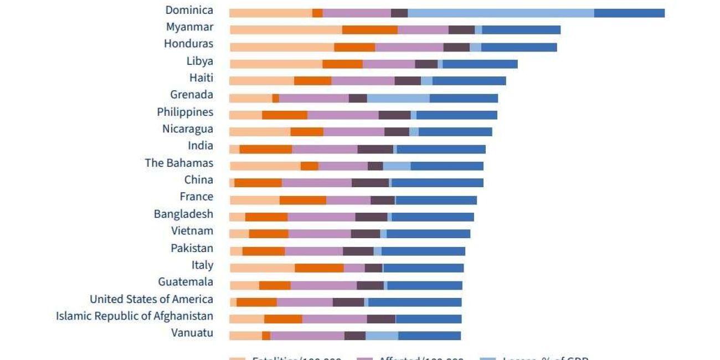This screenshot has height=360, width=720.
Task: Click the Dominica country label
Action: pos(189,10)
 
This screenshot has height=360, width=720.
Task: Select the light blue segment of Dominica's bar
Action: pos(501,13)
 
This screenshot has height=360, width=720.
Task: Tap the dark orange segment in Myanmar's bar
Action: pos(369,30)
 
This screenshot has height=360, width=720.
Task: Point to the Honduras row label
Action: pos(188,44)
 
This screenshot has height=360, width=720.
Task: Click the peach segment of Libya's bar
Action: pos(276,64)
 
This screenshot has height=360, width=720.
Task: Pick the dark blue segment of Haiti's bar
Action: pos(469,81)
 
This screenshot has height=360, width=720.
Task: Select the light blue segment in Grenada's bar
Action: pos(398,98)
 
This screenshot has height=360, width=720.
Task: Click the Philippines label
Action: pos(185,112)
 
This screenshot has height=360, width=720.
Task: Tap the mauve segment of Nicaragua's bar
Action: pos(353,132)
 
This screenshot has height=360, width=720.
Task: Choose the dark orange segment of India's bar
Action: pos(265,149)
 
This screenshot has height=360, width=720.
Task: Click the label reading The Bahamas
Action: pos(179,163)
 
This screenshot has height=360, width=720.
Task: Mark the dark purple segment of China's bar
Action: pos(370,183)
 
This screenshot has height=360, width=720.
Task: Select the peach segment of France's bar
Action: pos(254,200)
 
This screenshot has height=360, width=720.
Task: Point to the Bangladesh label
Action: pos(183,214)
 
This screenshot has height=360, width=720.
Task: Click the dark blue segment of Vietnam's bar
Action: pos(428,234)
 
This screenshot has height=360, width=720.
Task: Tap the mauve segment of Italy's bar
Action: pos(354,268)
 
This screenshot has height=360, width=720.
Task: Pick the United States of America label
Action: pos(151,299)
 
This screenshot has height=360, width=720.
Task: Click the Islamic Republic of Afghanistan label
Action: pos(135,316)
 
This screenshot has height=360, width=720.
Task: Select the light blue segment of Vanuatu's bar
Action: pos(382,336)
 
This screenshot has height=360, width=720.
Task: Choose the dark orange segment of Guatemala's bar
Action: pos(275,285)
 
